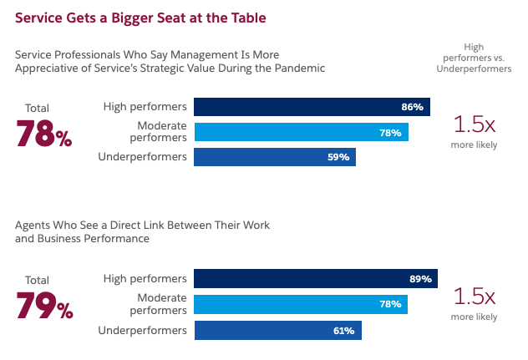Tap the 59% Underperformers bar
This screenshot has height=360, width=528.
click(275, 157)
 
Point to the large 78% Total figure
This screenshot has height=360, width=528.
click(44, 134)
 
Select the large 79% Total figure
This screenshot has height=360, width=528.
click(44, 306)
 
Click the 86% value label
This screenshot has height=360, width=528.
click(413, 107)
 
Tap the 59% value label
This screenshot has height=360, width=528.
click(338, 157)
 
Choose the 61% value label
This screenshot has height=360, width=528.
click(344, 331)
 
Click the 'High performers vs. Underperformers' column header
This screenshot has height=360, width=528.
click(475, 58)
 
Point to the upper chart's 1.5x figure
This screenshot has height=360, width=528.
click(474, 124)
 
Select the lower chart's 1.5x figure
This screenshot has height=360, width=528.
click(474, 297)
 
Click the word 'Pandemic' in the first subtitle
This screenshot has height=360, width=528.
click(300, 68)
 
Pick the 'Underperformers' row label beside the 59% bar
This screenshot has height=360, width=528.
click(142, 157)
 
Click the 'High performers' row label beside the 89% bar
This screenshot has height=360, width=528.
click(145, 278)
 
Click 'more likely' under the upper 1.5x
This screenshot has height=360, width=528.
click(474, 145)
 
